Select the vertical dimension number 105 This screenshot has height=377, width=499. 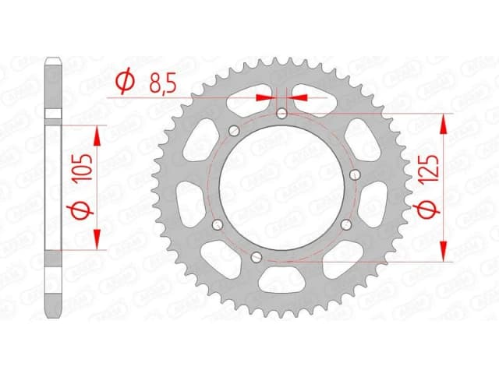87,167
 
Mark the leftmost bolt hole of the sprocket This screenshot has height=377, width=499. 216,225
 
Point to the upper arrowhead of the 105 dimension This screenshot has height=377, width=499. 97,136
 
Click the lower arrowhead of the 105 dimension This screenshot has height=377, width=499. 97,238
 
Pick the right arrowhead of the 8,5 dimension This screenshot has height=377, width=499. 297,97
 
